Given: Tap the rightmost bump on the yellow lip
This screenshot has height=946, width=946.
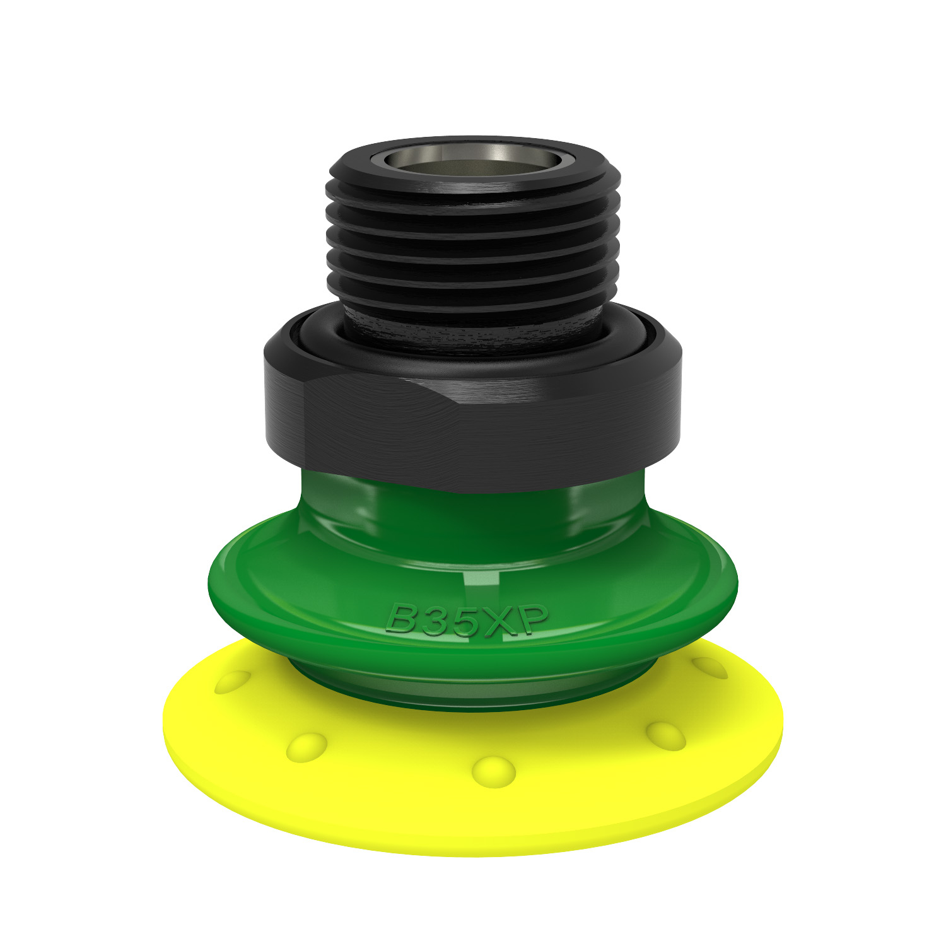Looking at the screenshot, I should point(710,667).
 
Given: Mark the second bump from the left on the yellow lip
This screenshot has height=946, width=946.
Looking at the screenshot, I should point(307,747).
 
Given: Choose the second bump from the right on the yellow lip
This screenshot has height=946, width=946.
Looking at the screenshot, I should point(666,735).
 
